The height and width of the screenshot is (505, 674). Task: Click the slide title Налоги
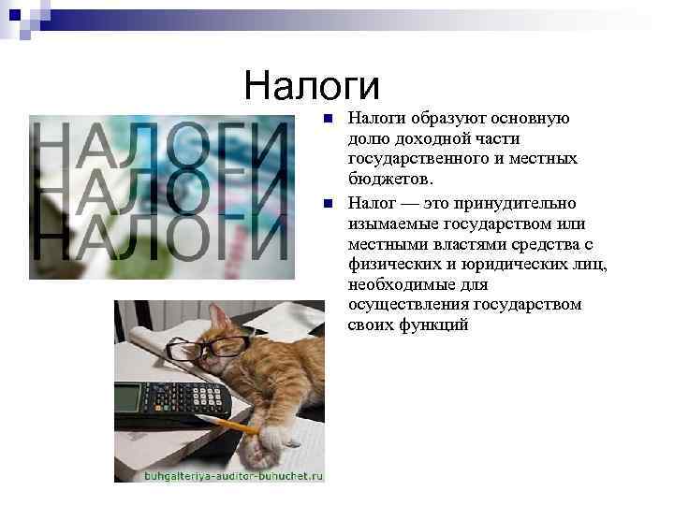312,87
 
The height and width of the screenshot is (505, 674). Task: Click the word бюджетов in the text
389,179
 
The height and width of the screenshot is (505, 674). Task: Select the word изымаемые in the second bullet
388,223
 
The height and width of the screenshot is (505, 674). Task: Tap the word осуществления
409,305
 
